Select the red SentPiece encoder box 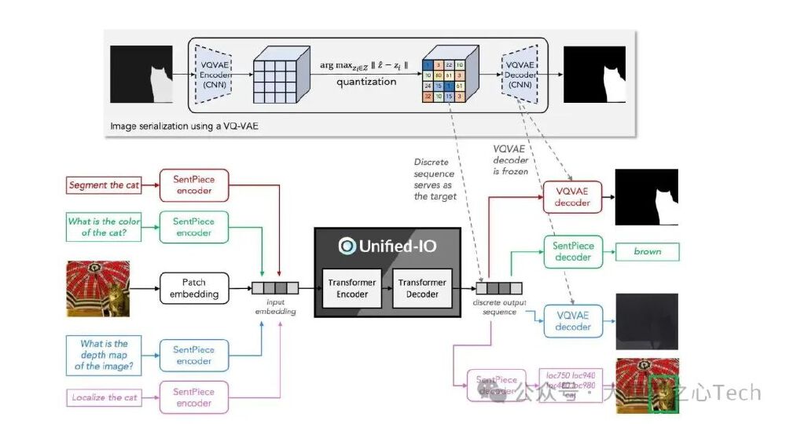[x=193, y=185]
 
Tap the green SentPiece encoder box [x=193, y=227]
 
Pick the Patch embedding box [x=194, y=288]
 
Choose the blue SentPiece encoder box [x=193, y=355]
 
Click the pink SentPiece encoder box [x=193, y=397]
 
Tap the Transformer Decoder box [x=421, y=288]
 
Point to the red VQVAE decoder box [x=571, y=198]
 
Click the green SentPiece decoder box [x=571, y=252]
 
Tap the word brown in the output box [x=648, y=252]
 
